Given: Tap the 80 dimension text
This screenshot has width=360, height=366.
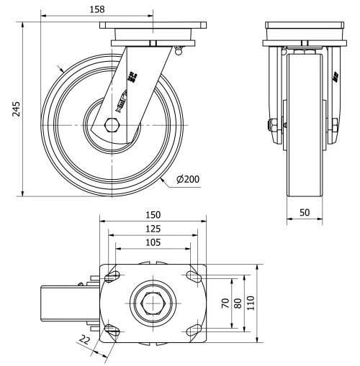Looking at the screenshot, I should point(238,303).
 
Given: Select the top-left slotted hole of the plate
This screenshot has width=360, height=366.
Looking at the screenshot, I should point(114,276).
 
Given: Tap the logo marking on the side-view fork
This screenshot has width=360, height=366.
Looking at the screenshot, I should point(132,76).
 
